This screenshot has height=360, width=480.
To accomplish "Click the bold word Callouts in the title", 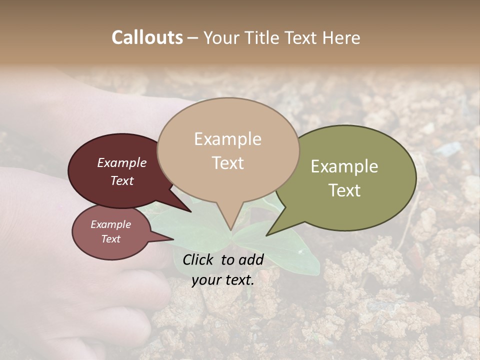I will pos(147,37).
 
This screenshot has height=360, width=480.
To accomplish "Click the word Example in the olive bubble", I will pos(344,166).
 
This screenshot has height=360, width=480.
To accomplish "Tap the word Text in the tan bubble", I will pos(228,163).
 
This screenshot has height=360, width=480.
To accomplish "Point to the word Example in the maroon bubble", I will pos(122,162).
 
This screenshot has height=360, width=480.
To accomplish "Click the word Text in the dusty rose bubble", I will pos(111,239).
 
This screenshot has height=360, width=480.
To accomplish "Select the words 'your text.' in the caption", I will pos(223,280).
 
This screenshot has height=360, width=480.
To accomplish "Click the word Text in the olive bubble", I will pos(344,190).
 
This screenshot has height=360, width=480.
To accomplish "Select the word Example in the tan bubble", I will pos(228,139).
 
